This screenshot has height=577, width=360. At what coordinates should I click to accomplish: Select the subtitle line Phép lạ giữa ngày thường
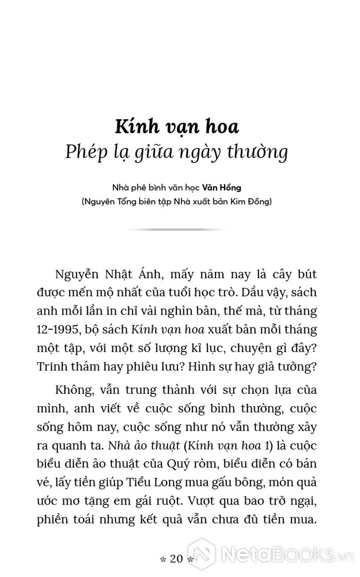click(x=176, y=152)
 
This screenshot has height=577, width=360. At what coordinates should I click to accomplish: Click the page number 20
click(x=176, y=559)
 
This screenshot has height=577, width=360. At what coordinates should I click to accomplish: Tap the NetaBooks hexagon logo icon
click(x=202, y=554)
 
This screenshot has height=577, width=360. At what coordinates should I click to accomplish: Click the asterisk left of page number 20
click(x=163, y=560)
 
